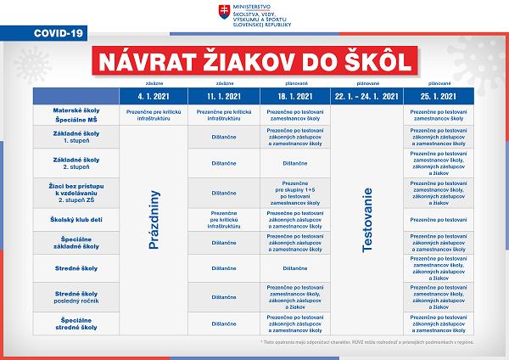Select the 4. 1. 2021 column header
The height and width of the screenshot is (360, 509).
click(x=154, y=96)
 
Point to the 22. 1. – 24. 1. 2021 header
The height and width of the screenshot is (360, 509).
click(x=366, y=96)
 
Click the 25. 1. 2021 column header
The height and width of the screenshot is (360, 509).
click(x=439, y=96)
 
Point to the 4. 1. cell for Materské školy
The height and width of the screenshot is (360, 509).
click(x=154, y=115)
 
